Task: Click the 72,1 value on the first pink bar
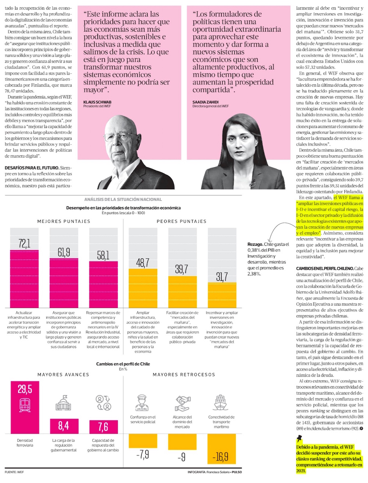[24, 244]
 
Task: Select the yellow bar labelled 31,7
[222, 295]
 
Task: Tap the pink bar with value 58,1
[103, 284]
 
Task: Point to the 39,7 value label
[182, 269]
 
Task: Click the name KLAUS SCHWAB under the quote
[97, 102]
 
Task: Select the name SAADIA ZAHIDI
[206, 102]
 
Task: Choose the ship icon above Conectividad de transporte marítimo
[221, 403]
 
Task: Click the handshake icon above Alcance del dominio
[182, 403]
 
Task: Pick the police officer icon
[142, 403]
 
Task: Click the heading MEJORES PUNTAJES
[64, 221]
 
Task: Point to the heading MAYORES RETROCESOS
[184, 375]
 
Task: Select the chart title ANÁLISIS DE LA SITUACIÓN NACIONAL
[123, 199]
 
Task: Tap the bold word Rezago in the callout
[255, 244]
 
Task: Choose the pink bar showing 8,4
[64, 426]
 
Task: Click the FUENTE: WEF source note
[14, 472]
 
